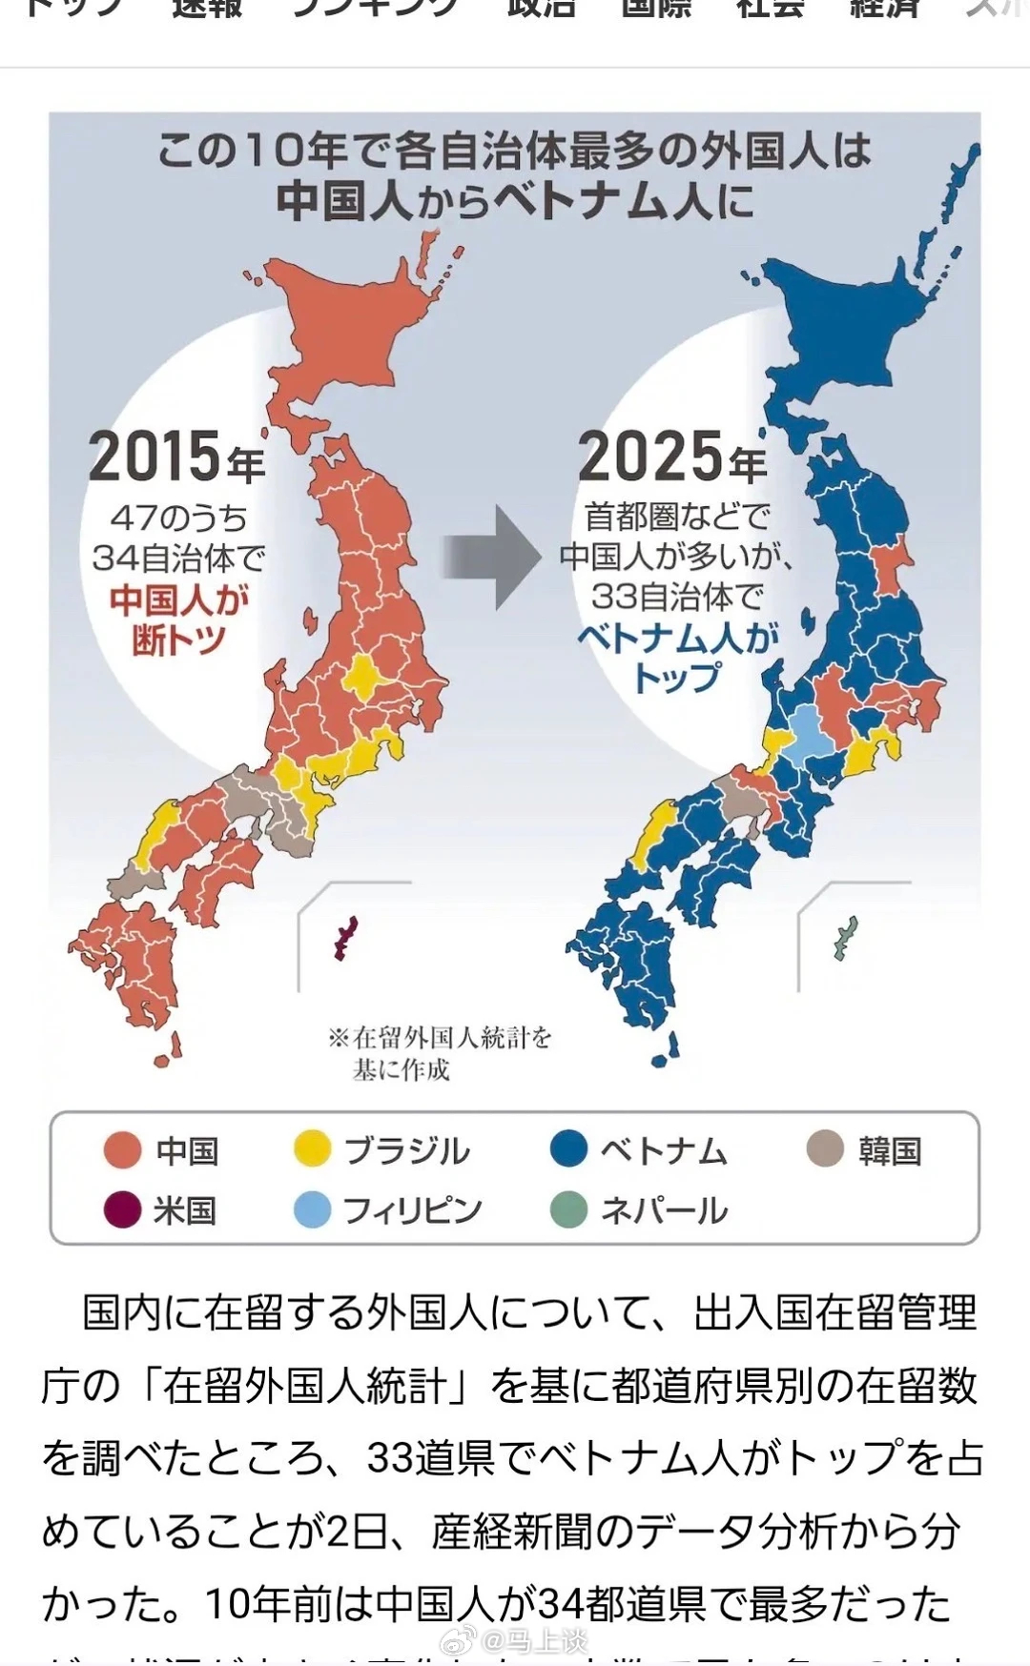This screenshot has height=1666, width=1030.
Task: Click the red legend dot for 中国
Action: [x=122, y=1150]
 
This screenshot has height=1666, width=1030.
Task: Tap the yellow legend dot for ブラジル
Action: [x=312, y=1150]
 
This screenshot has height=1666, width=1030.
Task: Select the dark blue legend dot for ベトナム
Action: [x=568, y=1149]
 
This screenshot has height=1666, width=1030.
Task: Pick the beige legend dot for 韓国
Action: [x=825, y=1149]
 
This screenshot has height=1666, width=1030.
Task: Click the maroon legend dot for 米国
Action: [x=122, y=1210]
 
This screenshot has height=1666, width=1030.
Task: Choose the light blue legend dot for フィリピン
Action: [x=312, y=1210]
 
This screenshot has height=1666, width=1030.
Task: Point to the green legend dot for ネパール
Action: [x=568, y=1210]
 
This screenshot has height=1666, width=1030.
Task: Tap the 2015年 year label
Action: [x=176, y=457]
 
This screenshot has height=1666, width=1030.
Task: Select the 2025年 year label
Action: [x=671, y=457]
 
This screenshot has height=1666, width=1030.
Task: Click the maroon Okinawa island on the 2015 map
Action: [x=344, y=938]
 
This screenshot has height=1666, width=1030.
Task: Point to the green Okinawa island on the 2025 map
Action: [x=845, y=938]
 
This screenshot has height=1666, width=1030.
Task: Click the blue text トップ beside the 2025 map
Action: [x=676, y=679]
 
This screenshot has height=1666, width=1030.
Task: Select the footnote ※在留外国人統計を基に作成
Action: [x=439, y=1052]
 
